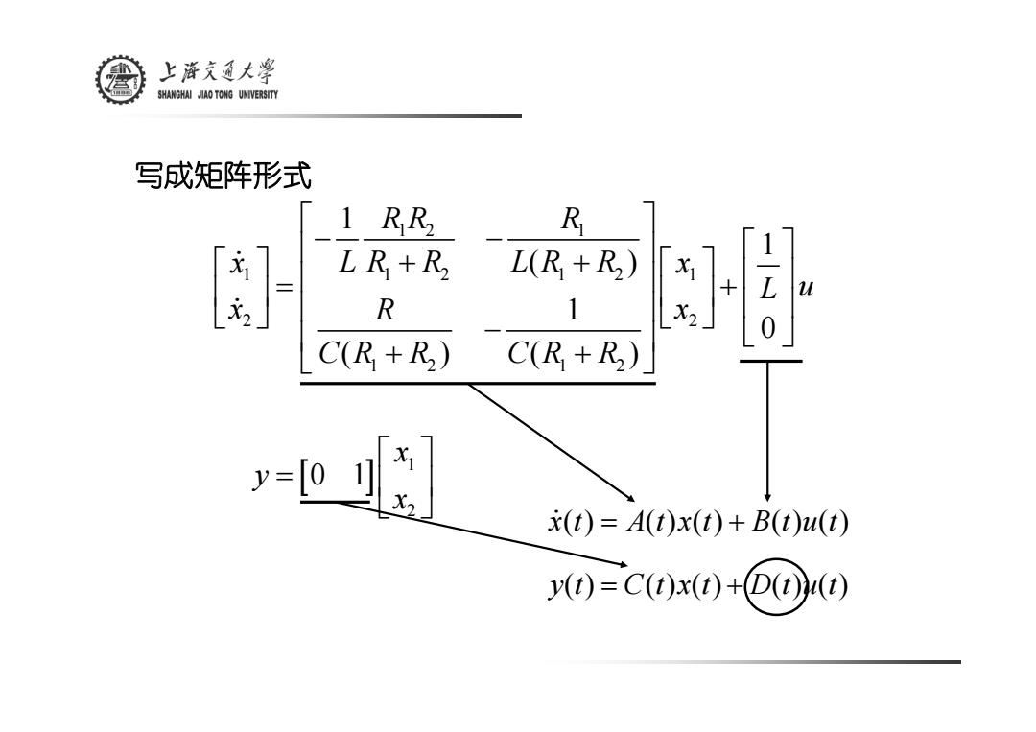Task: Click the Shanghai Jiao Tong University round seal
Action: pyautogui.click(x=120, y=80)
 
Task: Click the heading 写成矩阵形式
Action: pyautogui.click(x=224, y=176)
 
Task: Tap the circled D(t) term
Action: pyautogui.click(x=775, y=586)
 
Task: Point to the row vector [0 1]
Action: pyautogui.click(x=337, y=476)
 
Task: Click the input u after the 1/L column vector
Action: pyautogui.click(x=806, y=288)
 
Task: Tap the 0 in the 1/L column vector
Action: pyautogui.click(x=767, y=328)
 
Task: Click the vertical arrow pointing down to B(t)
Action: pyautogui.click(x=767, y=432)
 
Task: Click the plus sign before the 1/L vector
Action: pyautogui.click(x=728, y=288)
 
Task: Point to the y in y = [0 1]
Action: pyautogui.click(x=262, y=477)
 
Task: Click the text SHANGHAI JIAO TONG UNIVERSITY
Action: pyautogui.click(x=218, y=94)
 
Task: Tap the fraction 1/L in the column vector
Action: pyautogui.click(x=767, y=267)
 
